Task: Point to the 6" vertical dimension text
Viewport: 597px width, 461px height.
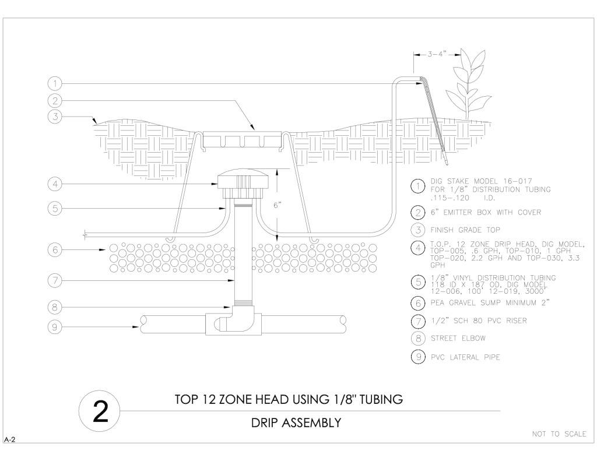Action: tap(277, 205)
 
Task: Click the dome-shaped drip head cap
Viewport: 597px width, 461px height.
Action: tap(243, 179)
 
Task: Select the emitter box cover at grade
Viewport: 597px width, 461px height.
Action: tap(243, 139)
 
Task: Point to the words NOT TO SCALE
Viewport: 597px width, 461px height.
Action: tap(559, 434)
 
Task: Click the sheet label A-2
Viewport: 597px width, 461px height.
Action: tap(10, 439)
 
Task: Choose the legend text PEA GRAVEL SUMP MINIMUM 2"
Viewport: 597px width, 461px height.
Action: tap(490, 303)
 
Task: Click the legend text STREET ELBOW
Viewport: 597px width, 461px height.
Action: tap(458, 338)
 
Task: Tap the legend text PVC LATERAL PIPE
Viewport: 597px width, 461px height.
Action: tap(465, 357)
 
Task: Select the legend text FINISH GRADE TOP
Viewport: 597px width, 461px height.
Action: tap(465, 230)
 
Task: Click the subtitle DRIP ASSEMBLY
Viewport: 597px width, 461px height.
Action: tap(296, 423)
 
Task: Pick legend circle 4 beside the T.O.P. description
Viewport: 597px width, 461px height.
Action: tap(418, 248)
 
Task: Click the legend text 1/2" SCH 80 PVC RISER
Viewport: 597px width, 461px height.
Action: tap(479, 321)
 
